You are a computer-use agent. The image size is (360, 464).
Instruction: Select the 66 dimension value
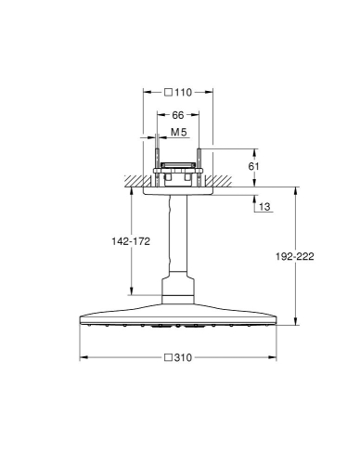click(178, 114)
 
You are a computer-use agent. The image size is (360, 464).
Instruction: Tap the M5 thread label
click(179, 134)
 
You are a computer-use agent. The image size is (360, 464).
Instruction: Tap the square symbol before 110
click(169, 93)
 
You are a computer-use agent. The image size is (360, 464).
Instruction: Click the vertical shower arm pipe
click(179, 236)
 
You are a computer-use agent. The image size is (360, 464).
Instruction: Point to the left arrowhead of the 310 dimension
click(83, 357)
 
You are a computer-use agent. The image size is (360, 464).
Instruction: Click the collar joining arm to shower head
click(179, 290)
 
